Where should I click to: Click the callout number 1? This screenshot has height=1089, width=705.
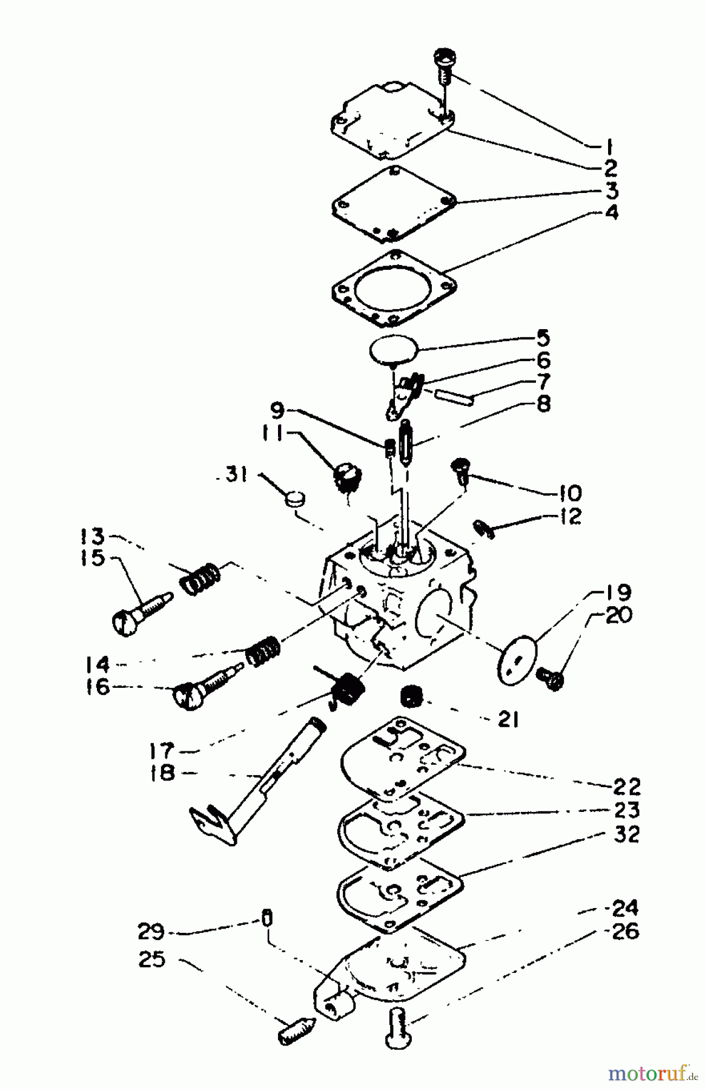click(609, 146)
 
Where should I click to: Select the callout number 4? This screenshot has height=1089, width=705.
click(612, 213)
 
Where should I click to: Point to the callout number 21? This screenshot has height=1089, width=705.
click(508, 719)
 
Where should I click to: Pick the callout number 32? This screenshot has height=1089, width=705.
click(625, 834)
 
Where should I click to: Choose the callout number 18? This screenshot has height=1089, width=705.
click(163, 773)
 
